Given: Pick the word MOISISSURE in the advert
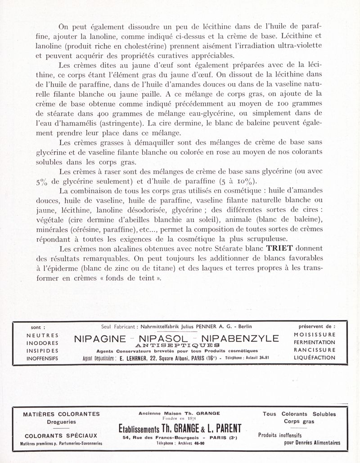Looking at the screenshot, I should point(314,335).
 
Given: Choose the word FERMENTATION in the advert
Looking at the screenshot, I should point(314,342).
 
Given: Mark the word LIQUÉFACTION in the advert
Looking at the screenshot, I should point(314,358).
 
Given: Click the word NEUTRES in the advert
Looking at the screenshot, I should point(42,335).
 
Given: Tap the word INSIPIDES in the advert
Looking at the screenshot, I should point(42,351).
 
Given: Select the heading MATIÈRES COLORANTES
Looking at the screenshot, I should point(61,414).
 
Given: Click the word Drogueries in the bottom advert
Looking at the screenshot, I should point(61,422).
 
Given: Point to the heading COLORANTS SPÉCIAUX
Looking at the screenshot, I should point(61,436).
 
